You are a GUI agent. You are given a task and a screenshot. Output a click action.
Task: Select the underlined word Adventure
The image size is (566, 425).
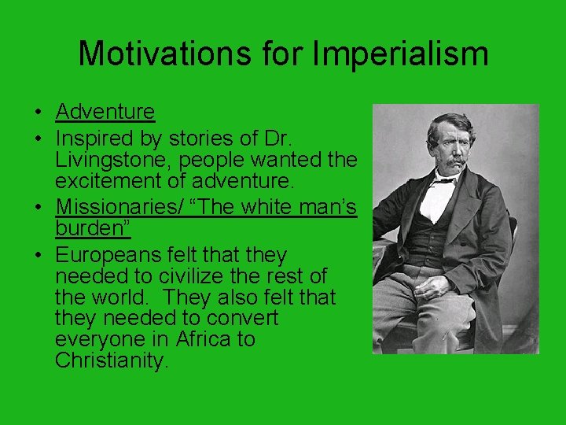[x=105, y=113]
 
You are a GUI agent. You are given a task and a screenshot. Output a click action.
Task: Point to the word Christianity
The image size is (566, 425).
[x=112, y=361]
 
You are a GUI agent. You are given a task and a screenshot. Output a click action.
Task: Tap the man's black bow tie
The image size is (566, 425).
[x=444, y=182]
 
